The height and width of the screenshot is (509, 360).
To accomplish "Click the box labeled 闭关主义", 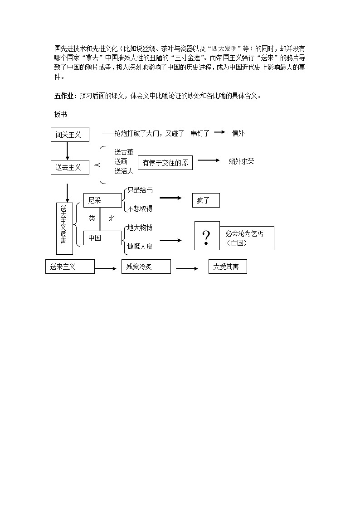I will (x=69, y=135).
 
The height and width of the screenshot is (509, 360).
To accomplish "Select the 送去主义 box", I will (x=69, y=167).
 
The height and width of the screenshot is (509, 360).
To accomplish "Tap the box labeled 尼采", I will (x=102, y=200).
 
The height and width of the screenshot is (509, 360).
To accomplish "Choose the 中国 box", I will (x=102, y=238).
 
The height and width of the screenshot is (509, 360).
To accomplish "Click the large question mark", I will (x=207, y=237).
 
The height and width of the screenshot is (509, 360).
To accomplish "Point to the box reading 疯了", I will (x=206, y=200).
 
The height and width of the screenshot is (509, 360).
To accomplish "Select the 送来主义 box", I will (x=70, y=267).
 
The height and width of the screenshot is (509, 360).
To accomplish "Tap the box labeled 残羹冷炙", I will (x=146, y=267).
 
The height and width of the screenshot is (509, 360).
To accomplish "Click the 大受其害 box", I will (x=228, y=267).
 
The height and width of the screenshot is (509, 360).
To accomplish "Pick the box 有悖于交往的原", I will (x=165, y=163).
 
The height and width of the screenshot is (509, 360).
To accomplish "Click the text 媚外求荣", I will (x=241, y=161).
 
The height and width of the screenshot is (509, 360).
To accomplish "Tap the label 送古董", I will (x=124, y=152).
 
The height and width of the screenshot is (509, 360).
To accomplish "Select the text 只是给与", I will (x=140, y=190).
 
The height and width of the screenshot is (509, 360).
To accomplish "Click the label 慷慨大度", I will (x=140, y=246).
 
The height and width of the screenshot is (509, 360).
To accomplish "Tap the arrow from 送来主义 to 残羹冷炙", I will (x=106, y=269).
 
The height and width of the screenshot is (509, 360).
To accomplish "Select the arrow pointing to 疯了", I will (x=170, y=198).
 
